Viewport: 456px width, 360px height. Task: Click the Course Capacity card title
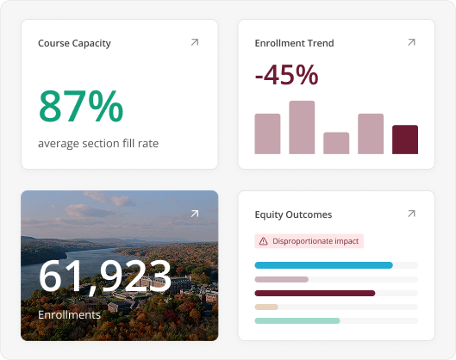(x=74, y=43)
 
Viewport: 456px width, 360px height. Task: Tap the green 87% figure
(x=81, y=106)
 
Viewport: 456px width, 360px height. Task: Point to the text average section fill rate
(x=98, y=144)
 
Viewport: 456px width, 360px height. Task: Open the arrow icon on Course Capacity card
(x=195, y=42)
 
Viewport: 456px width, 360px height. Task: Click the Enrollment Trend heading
(x=294, y=43)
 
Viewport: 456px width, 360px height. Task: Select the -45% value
(x=286, y=75)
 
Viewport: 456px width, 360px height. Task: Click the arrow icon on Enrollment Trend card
(x=411, y=42)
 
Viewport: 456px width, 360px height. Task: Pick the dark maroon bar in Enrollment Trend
(x=405, y=140)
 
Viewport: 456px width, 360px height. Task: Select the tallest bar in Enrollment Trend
(x=302, y=127)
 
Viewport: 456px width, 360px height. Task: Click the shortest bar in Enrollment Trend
(x=336, y=143)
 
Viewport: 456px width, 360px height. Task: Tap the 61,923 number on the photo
(x=105, y=276)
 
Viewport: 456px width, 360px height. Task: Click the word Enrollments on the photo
(x=69, y=315)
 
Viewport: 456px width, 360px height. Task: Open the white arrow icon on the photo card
(x=195, y=214)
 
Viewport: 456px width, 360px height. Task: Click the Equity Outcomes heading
(x=293, y=214)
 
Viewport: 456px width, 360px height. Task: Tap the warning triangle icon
(x=264, y=241)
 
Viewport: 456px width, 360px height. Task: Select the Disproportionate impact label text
(x=315, y=241)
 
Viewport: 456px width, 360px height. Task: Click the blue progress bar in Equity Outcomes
(x=323, y=265)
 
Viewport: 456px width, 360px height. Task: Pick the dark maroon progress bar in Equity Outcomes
(x=315, y=293)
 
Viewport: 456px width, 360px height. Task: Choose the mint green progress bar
(x=297, y=320)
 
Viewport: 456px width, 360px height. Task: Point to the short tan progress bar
(x=266, y=307)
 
